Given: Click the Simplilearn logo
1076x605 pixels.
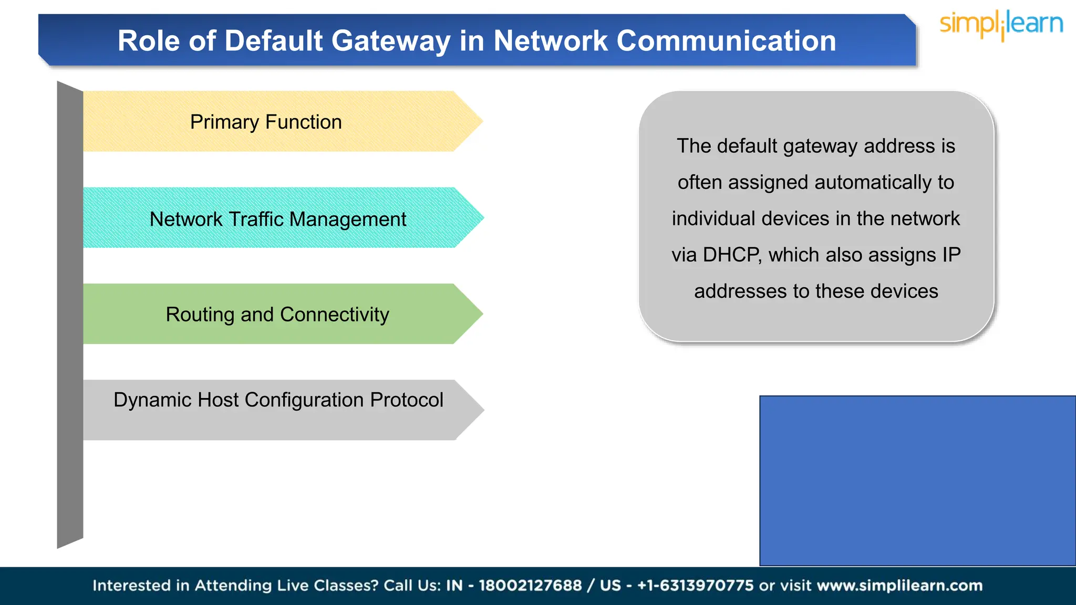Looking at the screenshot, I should (x=1001, y=25).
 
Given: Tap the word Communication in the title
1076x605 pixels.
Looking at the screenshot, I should (x=726, y=41).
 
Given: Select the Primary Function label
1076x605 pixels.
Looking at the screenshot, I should (x=266, y=122).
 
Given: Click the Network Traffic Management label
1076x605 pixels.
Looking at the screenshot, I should (x=277, y=219).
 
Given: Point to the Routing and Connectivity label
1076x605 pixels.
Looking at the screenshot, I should (x=277, y=315).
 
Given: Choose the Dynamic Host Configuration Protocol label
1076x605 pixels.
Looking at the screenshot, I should (x=278, y=400).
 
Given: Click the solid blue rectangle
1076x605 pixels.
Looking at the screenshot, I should (x=917, y=481).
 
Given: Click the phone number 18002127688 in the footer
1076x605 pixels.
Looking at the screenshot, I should (x=530, y=586).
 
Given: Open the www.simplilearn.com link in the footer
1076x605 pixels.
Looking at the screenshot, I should (x=899, y=586).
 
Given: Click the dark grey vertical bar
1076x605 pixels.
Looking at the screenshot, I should (x=70, y=315).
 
